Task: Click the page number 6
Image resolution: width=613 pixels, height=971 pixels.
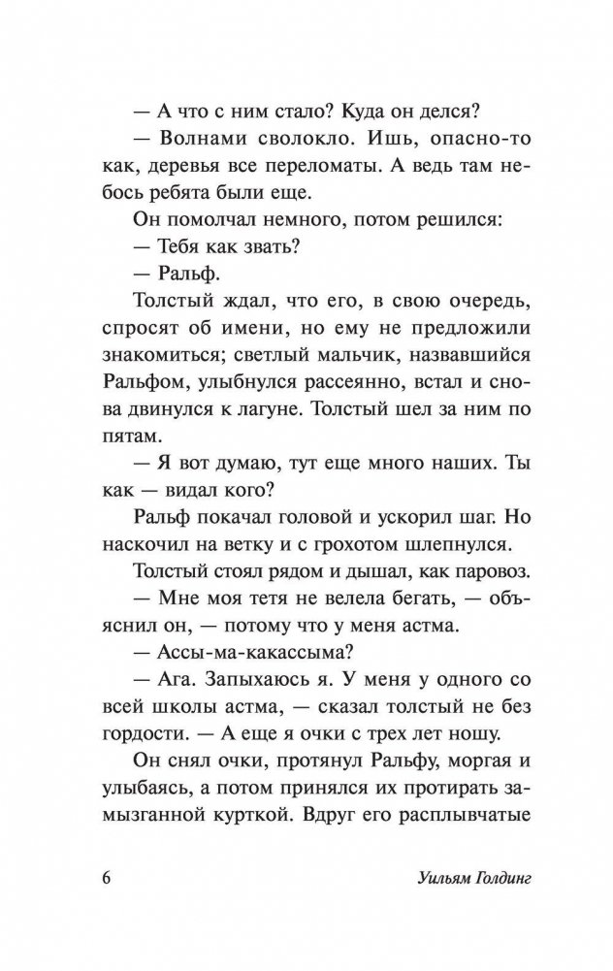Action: click(x=106, y=879)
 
